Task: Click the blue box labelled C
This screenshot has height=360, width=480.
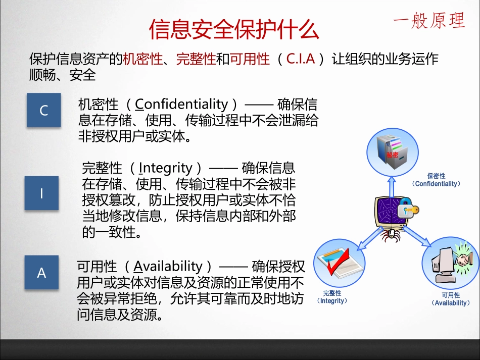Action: [x=43, y=110]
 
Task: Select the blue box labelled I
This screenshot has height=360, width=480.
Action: [x=41, y=193]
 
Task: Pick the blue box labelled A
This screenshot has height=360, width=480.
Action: [x=41, y=273]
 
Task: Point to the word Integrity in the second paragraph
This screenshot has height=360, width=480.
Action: [x=166, y=168]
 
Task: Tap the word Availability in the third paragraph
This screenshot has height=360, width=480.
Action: [x=168, y=266]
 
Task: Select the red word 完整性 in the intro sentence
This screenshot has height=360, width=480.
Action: [x=196, y=60]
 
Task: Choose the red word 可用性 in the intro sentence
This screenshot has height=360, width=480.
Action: [x=250, y=60]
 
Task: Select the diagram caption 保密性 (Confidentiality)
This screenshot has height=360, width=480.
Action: [x=436, y=180]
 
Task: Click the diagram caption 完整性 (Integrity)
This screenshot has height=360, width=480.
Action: [x=332, y=297]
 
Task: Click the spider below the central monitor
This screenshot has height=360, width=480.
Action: [x=389, y=234]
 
